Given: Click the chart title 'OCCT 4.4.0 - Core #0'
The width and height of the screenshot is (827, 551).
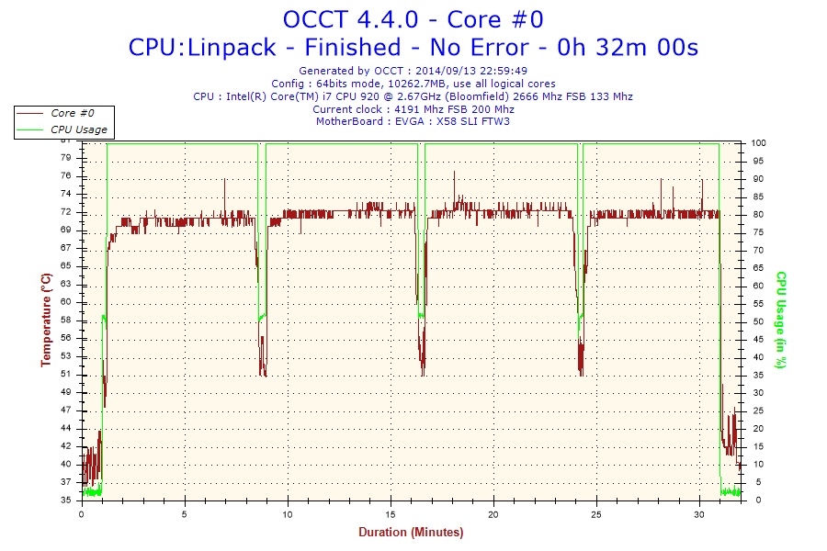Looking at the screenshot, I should pyautogui.click(x=413, y=19).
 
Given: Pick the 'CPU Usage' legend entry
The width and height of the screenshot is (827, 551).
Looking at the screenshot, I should pyautogui.click(x=78, y=129).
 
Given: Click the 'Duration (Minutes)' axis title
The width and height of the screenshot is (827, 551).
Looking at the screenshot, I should pyautogui.click(x=411, y=532).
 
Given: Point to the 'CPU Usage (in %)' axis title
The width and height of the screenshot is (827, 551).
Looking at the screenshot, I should pyautogui.click(x=781, y=320).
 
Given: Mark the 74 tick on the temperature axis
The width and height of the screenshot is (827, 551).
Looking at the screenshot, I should pyautogui.click(x=65, y=194).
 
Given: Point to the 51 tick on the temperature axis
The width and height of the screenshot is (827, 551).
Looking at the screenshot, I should pyautogui.click(x=65, y=374).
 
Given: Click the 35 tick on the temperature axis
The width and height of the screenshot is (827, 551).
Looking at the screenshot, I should pyautogui.click(x=65, y=500).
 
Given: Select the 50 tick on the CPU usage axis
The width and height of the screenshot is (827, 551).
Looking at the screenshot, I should pyautogui.click(x=756, y=321).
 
